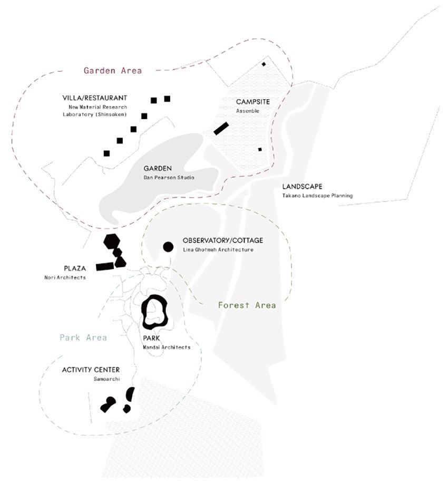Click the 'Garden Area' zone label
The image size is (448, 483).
point(113,71)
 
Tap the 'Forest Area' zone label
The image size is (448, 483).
point(247,305)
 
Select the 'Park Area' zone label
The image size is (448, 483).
point(83,337)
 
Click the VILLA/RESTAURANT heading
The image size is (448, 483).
point(94,98)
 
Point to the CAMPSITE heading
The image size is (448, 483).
point(253,102)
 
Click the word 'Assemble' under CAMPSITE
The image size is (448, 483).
point(248,111)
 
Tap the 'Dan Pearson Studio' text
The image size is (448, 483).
point(169,177)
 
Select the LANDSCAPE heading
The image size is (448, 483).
point(303,186)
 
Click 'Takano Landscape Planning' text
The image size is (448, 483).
point(317,196)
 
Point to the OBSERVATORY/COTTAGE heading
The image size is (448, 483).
point(223,240)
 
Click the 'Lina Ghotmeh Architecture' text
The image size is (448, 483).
point(218,249)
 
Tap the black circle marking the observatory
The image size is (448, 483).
point(168,247)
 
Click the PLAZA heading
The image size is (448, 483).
point(75,268)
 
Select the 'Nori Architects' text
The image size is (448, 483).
point(65,277)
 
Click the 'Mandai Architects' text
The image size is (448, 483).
point(167,347)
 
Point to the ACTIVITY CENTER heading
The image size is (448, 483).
point(91,370)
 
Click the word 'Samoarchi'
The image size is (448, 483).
point(106,379)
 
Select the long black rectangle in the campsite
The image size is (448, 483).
point(221,129)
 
